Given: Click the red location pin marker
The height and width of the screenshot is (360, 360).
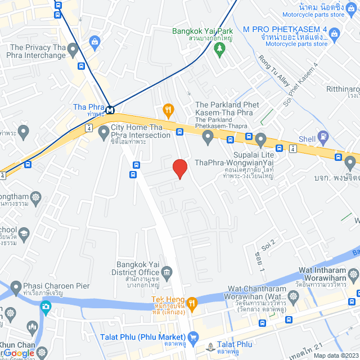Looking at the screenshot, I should click(x=179, y=168).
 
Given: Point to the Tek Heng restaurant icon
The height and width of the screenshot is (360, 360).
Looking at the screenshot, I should click(x=192, y=304).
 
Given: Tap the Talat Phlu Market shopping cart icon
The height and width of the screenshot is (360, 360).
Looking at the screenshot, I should click(x=194, y=337).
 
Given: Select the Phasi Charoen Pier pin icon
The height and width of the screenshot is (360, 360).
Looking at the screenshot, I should click(x=15, y=286).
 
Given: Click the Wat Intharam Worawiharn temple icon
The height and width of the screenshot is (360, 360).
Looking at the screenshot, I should click(x=353, y=275).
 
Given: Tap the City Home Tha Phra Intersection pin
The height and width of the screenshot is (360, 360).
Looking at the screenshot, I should click(x=103, y=133).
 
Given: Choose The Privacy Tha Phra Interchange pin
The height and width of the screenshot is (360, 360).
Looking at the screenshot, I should click(x=72, y=51).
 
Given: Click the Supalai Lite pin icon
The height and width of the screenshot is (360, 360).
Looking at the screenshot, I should click(x=260, y=138).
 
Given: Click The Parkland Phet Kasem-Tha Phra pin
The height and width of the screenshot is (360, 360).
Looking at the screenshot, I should click(x=208, y=136).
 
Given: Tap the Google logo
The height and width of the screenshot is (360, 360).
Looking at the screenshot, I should click(x=19, y=353).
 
